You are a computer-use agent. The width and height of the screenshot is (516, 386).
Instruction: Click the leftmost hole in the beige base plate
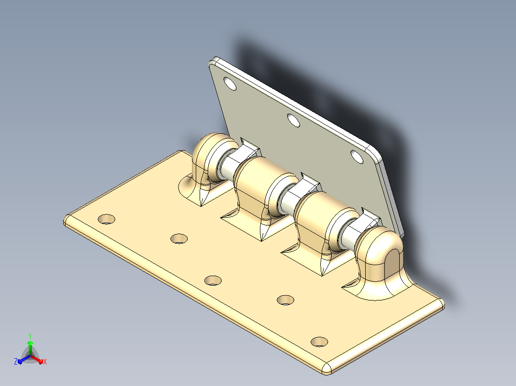[x=107, y=219]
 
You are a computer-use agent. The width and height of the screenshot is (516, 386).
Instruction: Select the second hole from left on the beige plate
[x=179, y=238]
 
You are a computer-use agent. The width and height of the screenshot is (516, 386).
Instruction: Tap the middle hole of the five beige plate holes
[x=213, y=280]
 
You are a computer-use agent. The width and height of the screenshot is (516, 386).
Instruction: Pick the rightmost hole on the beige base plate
[x=319, y=342]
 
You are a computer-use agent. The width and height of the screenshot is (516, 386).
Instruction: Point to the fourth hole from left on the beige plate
[x=285, y=300]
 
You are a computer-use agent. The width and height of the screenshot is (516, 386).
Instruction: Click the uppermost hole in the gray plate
[x=230, y=84]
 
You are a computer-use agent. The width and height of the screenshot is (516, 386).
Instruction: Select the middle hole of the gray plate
[x=293, y=120]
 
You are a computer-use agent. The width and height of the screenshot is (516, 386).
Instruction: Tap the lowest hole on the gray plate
[x=357, y=157]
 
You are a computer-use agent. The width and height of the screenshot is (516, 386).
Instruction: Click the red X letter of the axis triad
[x=45, y=362]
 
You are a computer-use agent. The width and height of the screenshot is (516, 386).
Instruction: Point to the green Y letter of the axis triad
[x=30, y=336]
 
